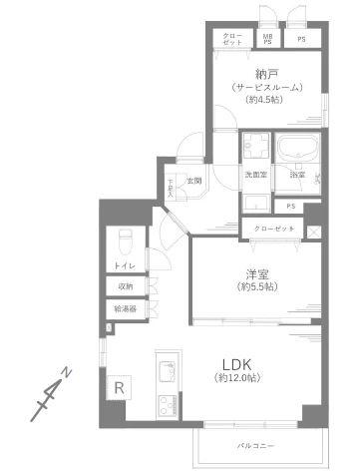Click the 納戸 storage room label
(266, 73)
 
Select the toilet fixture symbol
(125, 239)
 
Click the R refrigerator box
(119, 387)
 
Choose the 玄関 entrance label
(194, 181)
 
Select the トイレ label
(125, 265)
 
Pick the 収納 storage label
(125, 286)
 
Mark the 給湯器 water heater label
(125, 308)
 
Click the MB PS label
(266, 40)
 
